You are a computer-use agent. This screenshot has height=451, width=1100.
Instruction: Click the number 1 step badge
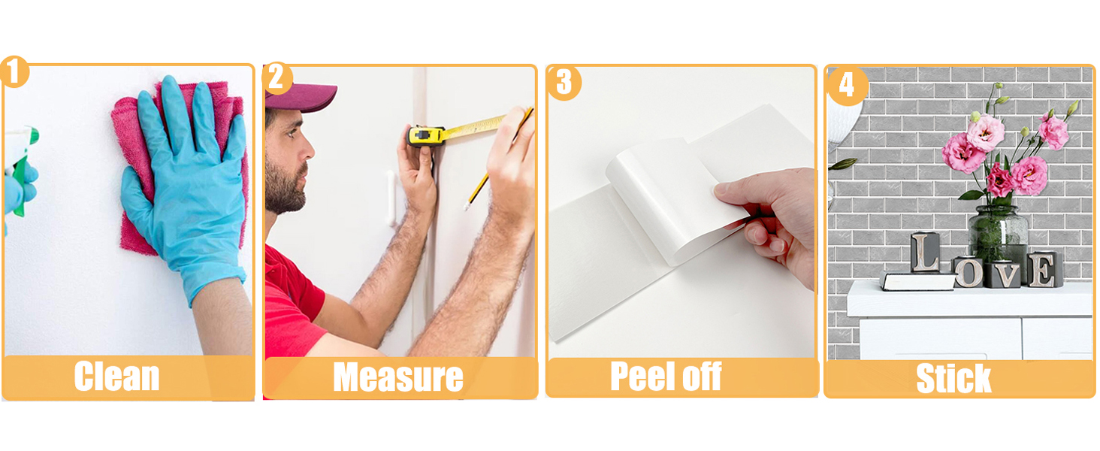[14, 71]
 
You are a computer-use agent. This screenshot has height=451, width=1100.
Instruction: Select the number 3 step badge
[564, 83]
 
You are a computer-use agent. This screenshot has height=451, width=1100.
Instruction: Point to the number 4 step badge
[847, 86]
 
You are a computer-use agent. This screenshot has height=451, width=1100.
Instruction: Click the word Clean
[117, 377]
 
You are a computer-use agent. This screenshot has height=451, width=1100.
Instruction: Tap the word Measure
[397, 377]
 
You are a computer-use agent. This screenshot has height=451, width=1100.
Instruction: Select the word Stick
[953, 378]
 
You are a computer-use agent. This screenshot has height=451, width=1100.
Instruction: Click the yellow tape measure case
[425, 135]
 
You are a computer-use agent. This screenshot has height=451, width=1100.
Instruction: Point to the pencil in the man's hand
[497, 158]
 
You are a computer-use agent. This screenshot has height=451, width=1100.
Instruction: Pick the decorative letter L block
[925, 252]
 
